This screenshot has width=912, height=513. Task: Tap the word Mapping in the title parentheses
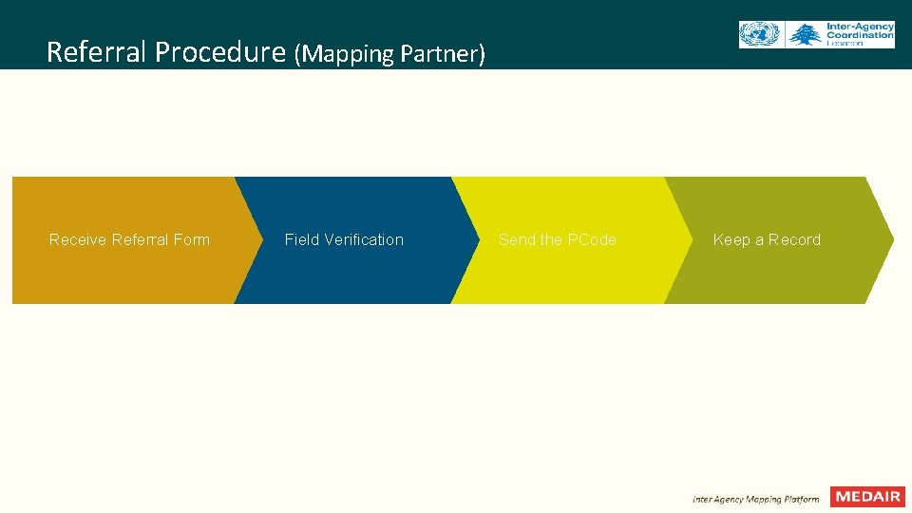348,54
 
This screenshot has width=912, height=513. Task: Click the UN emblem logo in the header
758,35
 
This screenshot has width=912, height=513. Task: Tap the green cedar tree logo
805,35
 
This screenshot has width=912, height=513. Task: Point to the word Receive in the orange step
78,239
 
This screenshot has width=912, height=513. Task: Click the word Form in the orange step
192,239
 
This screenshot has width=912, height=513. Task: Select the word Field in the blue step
301,239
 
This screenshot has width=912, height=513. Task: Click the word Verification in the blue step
363,239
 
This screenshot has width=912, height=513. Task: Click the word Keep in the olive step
731,239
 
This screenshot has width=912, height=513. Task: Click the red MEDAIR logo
867,497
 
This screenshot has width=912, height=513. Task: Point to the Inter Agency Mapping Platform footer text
755,499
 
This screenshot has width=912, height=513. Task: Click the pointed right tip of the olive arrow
890,239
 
